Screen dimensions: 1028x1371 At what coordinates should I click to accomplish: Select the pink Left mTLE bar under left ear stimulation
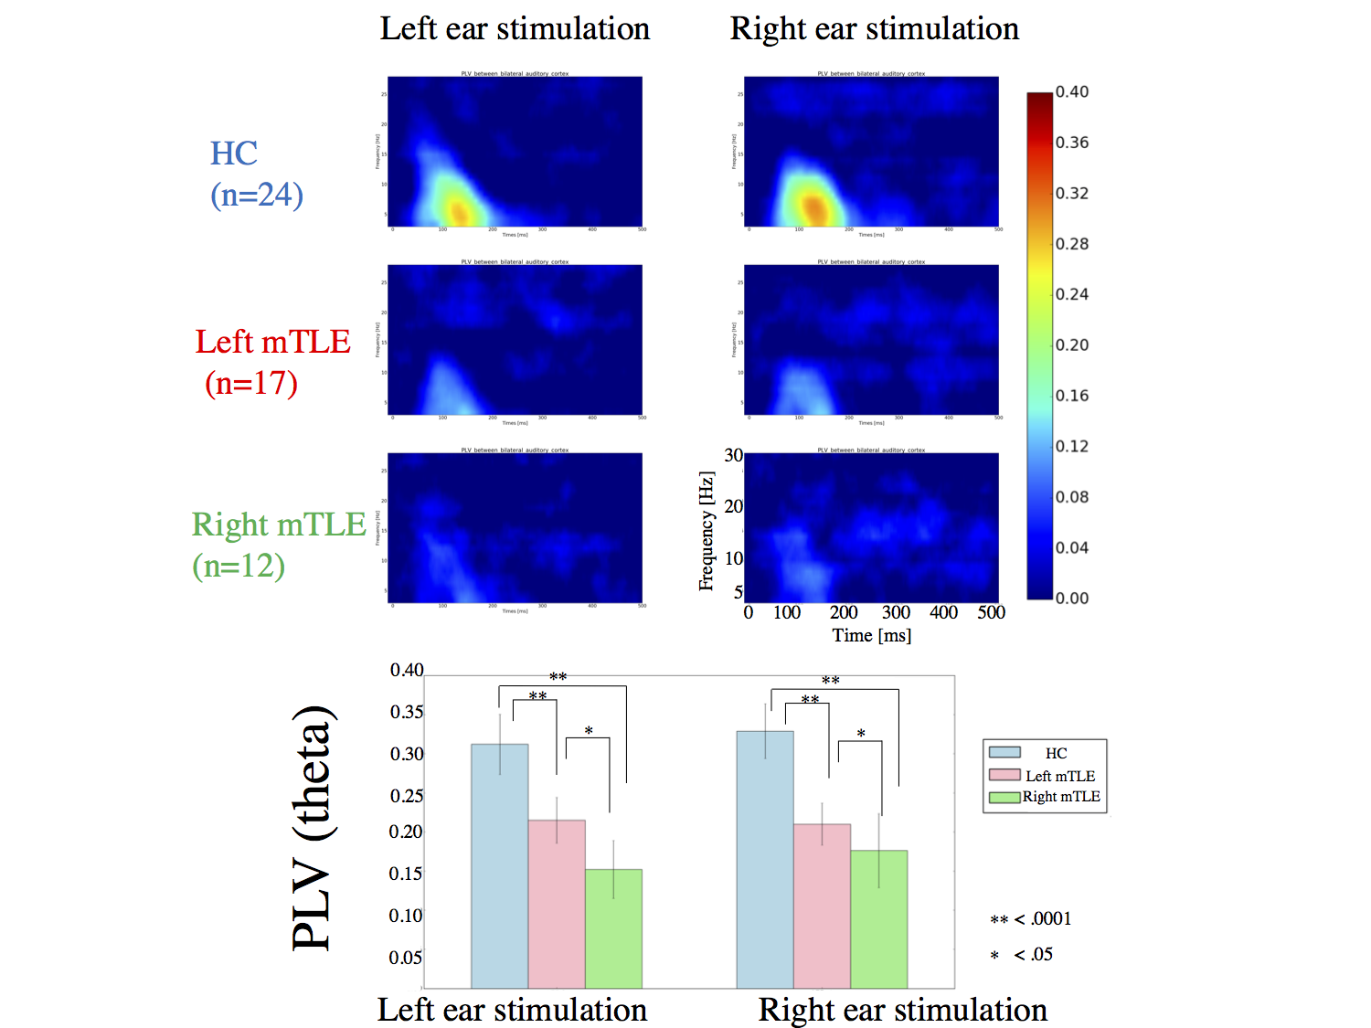click(557, 904)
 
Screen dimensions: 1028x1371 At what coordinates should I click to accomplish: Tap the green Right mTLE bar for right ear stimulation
click(878, 918)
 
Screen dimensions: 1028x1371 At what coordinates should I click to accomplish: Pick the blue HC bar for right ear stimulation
click(765, 859)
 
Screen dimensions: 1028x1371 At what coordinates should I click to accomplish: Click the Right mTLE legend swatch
click(1004, 797)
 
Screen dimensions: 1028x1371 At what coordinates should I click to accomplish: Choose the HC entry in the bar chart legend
click(1056, 753)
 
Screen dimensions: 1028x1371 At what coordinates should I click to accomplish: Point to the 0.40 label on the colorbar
click(1072, 91)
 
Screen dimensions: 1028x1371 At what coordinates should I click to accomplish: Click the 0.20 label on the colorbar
click(1072, 344)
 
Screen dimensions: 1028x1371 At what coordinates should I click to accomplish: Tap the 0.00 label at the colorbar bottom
click(1072, 599)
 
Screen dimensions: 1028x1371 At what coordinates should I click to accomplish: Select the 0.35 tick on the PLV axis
click(407, 712)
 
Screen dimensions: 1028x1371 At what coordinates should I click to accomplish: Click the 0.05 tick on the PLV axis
click(406, 958)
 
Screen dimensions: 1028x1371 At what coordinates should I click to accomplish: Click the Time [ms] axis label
click(871, 635)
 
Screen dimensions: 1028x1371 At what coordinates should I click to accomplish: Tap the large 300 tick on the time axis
click(896, 612)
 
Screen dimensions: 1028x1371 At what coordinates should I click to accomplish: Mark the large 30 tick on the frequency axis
click(733, 455)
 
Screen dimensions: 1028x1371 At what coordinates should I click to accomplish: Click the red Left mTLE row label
click(272, 342)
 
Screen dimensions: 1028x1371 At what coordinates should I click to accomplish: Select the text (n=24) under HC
click(257, 195)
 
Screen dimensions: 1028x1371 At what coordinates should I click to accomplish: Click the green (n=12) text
click(239, 566)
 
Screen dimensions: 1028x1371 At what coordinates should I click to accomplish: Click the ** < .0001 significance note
click(1030, 919)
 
